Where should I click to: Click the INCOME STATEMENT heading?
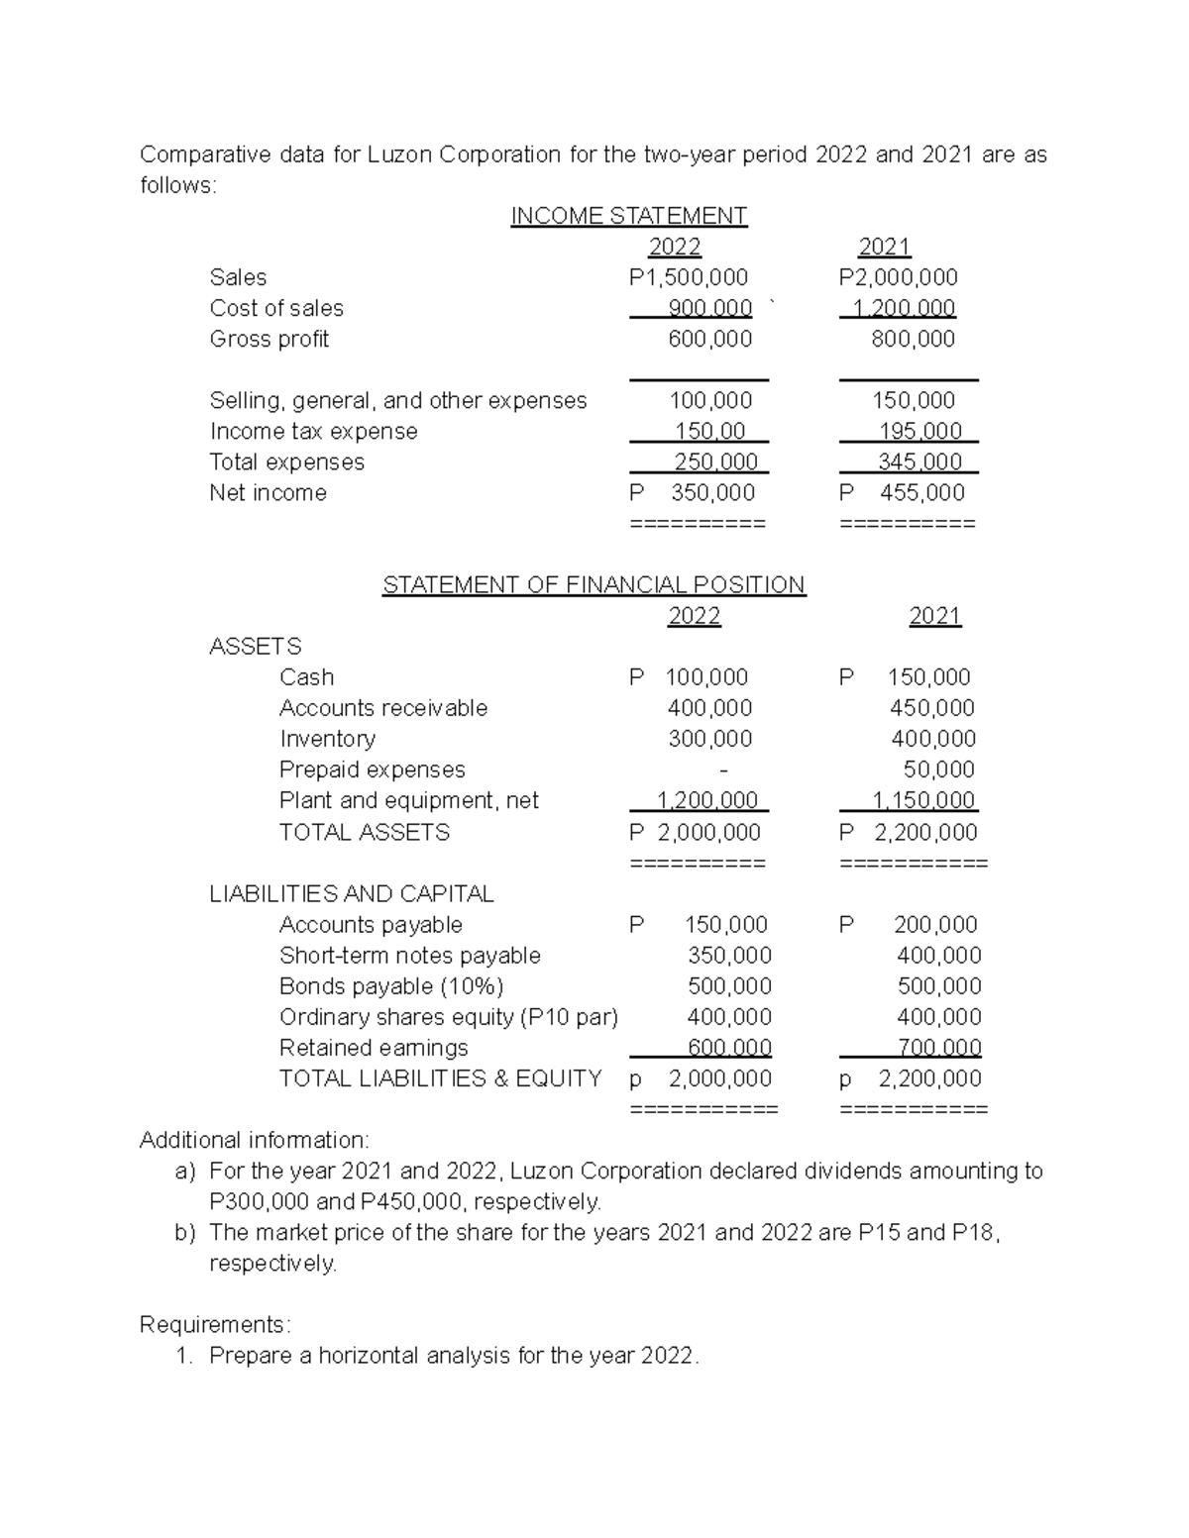pyautogui.click(x=628, y=216)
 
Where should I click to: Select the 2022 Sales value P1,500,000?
pyautogui.click(x=689, y=277)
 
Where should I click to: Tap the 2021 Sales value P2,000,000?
pyautogui.click(x=898, y=277)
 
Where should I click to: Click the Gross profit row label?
pyautogui.click(x=269, y=339)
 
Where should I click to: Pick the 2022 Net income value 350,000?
pyautogui.click(x=712, y=492)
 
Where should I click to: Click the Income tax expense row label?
pyautogui.click(x=313, y=431)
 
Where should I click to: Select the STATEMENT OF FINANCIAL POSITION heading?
pyautogui.click(x=594, y=584)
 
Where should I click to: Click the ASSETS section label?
pyautogui.click(x=255, y=646)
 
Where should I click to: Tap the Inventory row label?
pyautogui.click(x=327, y=739)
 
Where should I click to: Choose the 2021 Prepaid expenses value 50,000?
pyautogui.click(x=938, y=769)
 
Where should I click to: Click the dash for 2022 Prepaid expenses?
pyautogui.click(x=723, y=770)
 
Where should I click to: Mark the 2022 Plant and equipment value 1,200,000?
pyautogui.click(x=707, y=800)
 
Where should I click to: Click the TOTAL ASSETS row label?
pyautogui.click(x=364, y=832)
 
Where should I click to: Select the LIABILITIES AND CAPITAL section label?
pyautogui.click(x=351, y=893)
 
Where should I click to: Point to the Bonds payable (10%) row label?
pyautogui.click(x=391, y=986)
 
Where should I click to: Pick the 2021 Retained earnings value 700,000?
pyautogui.click(x=938, y=1048)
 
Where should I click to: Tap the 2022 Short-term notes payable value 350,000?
pyautogui.click(x=729, y=956)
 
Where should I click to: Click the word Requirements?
pyautogui.click(x=214, y=1324)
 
